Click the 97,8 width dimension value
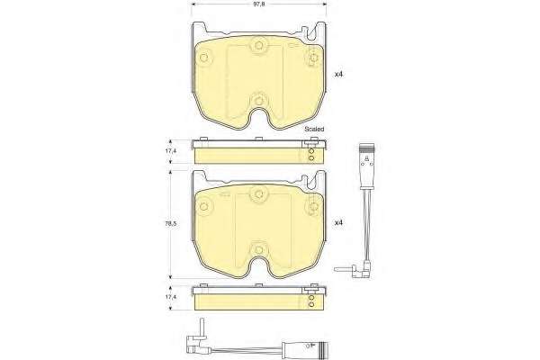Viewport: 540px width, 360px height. coord(258,4)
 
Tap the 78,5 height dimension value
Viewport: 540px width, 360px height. coord(170,223)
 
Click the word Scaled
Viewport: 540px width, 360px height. coord(314,130)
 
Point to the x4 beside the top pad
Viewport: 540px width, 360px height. coord(339,74)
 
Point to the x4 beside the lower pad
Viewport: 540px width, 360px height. coord(339,223)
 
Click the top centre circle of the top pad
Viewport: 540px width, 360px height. coord(258,46)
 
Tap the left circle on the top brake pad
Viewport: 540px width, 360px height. coord(204,58)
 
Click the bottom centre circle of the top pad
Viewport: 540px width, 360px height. coord(258,100)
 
